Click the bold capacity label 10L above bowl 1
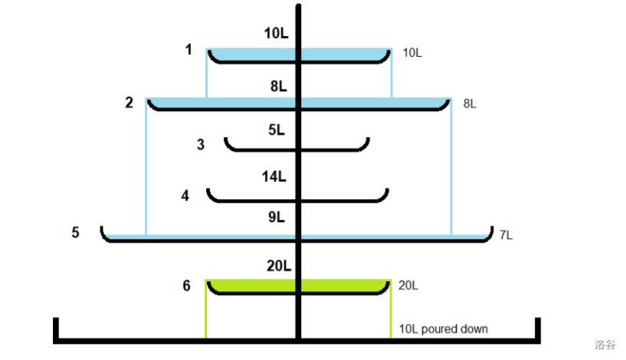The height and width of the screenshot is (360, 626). (276, 34)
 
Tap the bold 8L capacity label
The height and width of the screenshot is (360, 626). (279, 87)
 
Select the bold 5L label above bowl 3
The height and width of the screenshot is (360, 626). (277, 130)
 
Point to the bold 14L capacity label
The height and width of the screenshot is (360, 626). (274, 177)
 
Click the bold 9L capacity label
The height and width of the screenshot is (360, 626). (277, 218)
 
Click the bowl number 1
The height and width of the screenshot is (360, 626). (188, 51)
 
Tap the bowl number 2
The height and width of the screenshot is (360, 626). (129, 102)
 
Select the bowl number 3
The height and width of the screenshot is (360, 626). (201, 144)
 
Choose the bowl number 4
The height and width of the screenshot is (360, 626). (185, 196)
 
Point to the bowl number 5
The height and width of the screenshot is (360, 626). (75, 232)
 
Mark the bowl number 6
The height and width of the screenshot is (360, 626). (186, 286)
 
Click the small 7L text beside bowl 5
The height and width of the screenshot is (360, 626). (506, 235)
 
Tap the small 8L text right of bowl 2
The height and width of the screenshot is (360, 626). (470, 103)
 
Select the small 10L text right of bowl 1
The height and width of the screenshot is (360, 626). (412, 53)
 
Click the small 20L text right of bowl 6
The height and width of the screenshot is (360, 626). (409, 286)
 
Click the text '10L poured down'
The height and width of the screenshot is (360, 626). (444, 329)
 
